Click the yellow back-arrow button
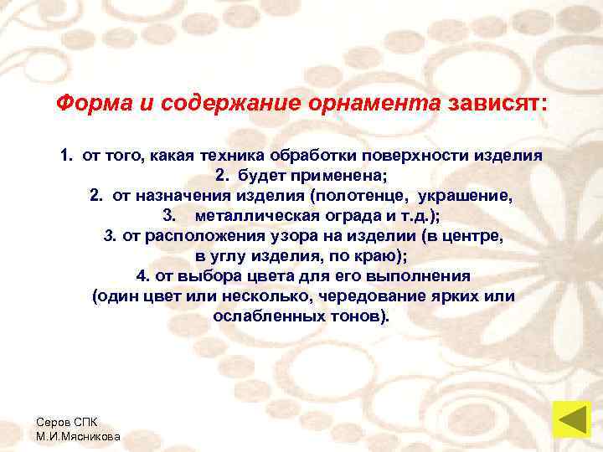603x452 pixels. point(572,420)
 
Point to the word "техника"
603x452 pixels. point(219,156)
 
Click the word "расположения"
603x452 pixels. point(196,236)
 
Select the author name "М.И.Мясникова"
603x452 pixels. point(78,437)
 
